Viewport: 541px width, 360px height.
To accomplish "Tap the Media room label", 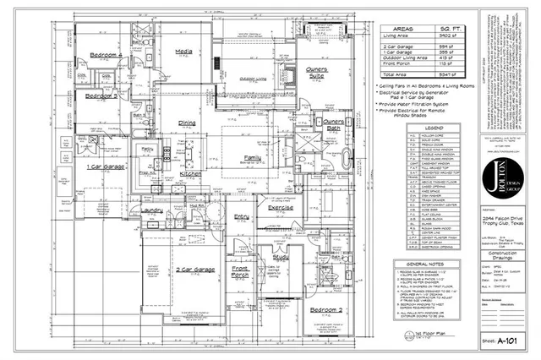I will tap(183, 51).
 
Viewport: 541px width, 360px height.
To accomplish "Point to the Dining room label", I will tap(188, 123).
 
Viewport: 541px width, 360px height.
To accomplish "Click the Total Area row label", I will tap(399, 74).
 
